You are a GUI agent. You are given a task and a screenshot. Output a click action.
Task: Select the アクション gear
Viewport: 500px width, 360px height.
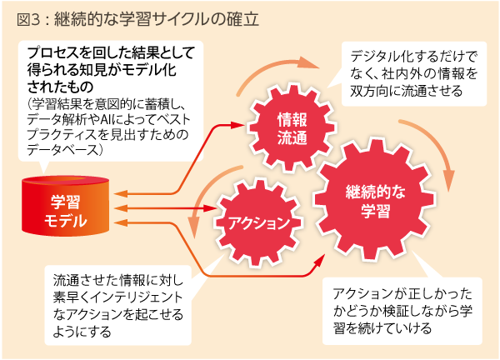coord(259,222)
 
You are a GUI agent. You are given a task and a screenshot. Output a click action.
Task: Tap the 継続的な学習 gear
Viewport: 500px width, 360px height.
coord(374,201)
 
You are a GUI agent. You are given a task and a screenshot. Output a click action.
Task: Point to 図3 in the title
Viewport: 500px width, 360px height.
coord(24,16)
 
